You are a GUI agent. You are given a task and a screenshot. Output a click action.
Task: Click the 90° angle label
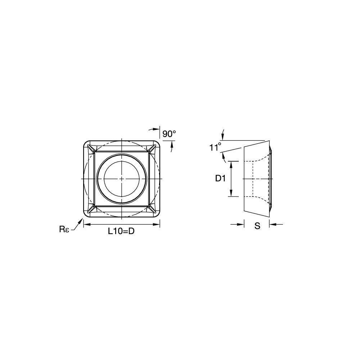[x=169, y=134]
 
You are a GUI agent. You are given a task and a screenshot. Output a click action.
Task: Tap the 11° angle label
[x=215, y=147]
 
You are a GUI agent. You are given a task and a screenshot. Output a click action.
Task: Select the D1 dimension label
[x=221, y=179]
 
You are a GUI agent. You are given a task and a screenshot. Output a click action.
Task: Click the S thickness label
[x=257, y=226]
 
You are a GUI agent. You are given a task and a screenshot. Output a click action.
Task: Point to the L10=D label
[x=121, y=231]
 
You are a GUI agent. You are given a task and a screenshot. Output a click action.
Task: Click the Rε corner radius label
[x=64, y=229]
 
